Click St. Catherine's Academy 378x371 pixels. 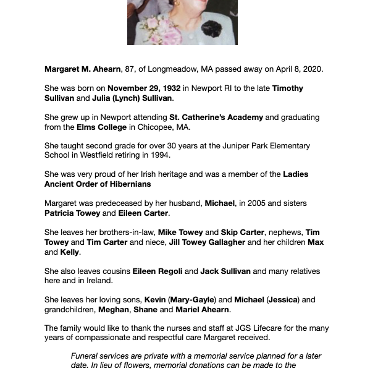coord(216,117)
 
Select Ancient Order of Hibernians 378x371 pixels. coord(98,184)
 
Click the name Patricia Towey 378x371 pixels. coord(72,213)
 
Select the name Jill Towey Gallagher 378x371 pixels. coord(206,242)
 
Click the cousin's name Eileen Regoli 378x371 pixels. coord(157,271)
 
